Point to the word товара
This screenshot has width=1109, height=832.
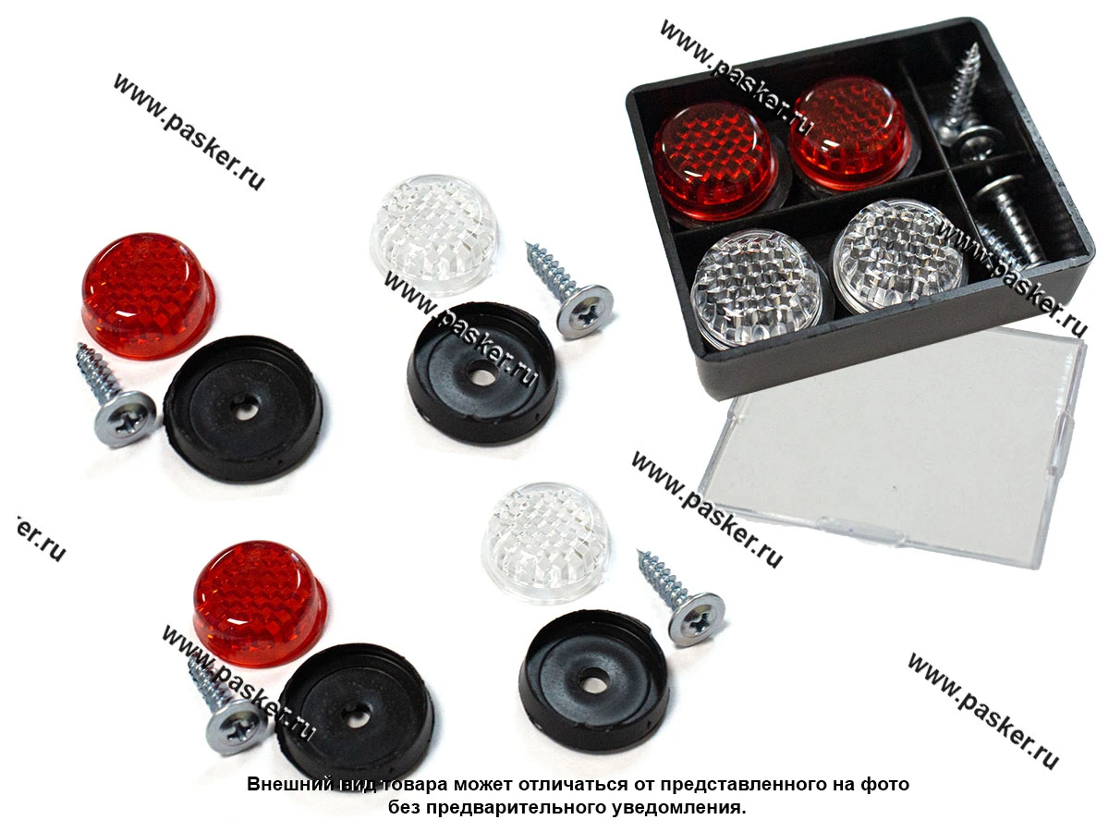(x=412, y=785)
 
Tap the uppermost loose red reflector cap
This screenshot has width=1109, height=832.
(x=148, y=296)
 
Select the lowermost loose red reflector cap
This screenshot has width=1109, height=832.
(x=259, y=604)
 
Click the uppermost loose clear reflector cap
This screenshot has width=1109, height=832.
(x=433, y=228)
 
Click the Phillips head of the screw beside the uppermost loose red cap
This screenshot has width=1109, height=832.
(x=125, y=419)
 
